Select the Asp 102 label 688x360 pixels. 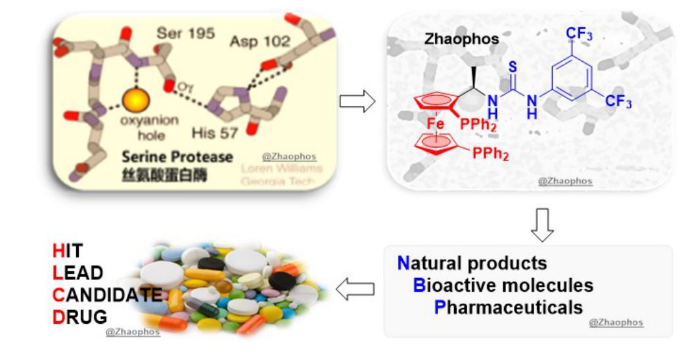click(259, 41)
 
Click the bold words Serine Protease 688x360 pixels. click(175, 157)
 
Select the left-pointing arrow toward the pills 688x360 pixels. click(355, 288)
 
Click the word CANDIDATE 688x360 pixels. click(106, 294)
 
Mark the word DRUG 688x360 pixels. click(79, 317)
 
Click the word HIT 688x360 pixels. click(68, 250)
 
